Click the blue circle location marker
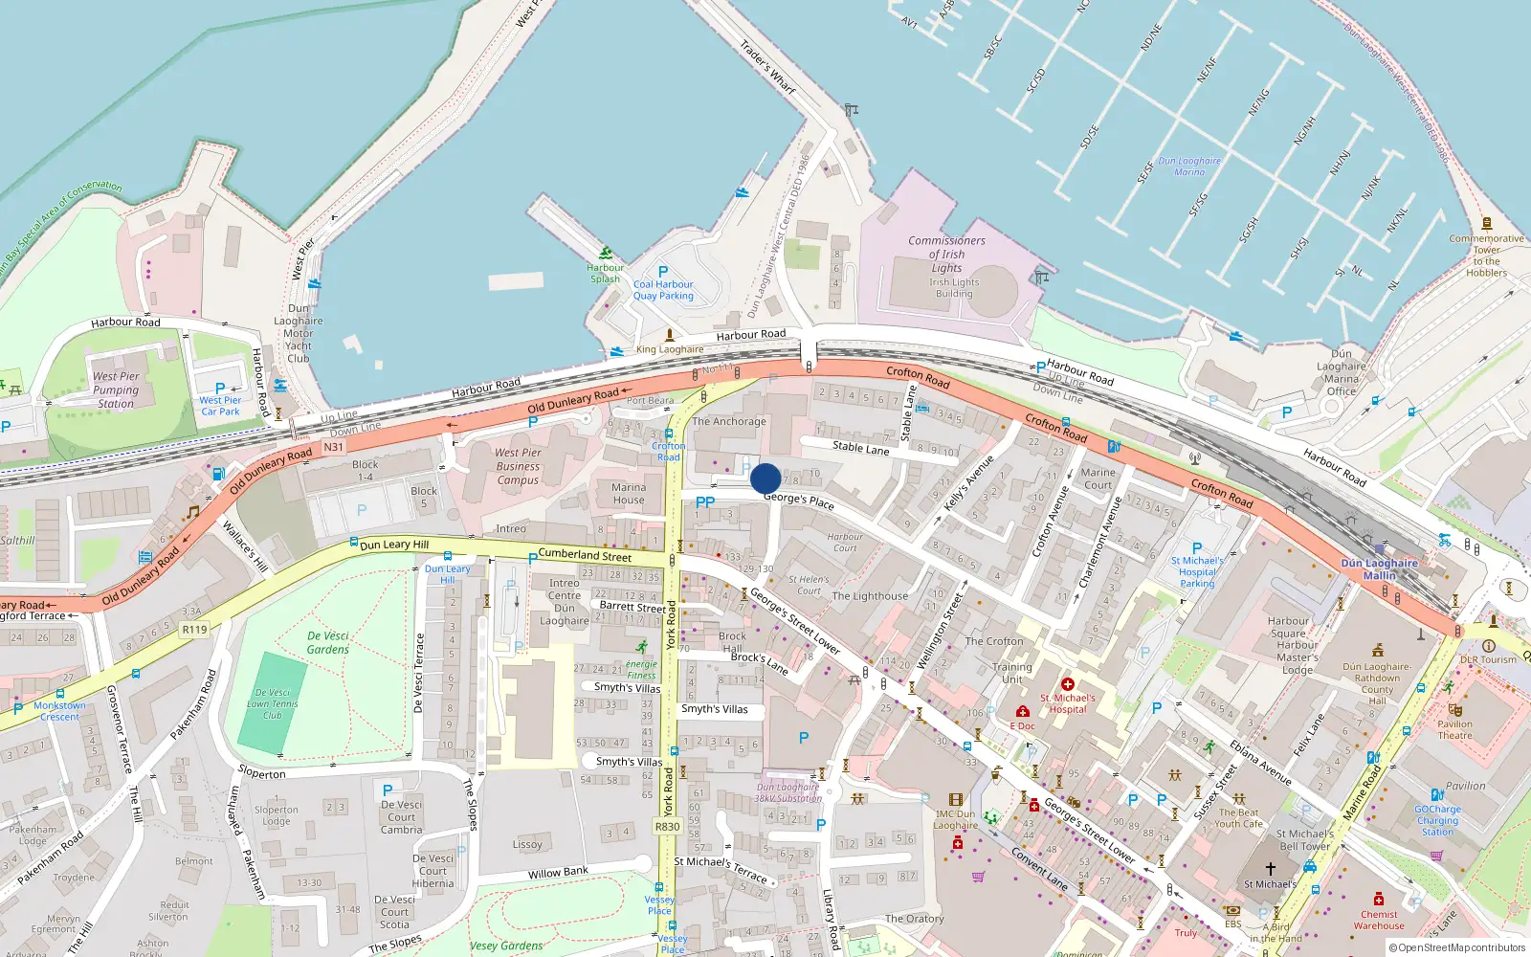click(x=765, y=478)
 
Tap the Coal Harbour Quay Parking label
click(x=663, y=290)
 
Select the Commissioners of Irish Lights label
click(x=946, y=254)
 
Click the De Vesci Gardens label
click(x=328, y=642)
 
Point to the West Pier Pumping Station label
click(x=116, y=389)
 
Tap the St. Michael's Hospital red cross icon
click(x=1068, y=684)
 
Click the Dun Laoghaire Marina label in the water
click(x=1189, y=167)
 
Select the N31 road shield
click(x=333, y=447)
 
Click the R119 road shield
click(x=194, y=629)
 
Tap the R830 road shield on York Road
click(x=668, y=826)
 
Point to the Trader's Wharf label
click(x=768, y=66)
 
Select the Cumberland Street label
click(x=585, y=555)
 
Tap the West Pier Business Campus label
click(x=518, y=466)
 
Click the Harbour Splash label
click(x=605, y=273)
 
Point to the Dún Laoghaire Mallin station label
click(x=1379, y=569)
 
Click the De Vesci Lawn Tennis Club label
click(x=273, y=703)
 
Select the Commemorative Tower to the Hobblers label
click(x=1486, y=256)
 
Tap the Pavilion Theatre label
click(x=1454, y=729)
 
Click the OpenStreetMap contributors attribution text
click(x=1456, y=947)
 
